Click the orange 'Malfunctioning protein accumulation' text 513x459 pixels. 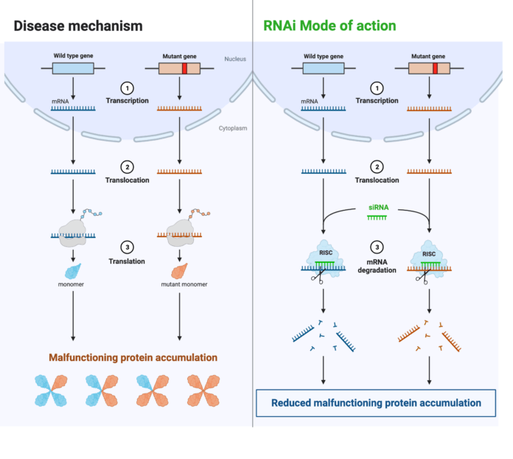click(133, 358)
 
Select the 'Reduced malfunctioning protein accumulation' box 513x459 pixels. click(376, 403)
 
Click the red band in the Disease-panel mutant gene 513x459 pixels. click(185, 69)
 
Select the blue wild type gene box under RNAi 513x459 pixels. click(323, 69)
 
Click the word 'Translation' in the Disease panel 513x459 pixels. click(126, 261)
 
